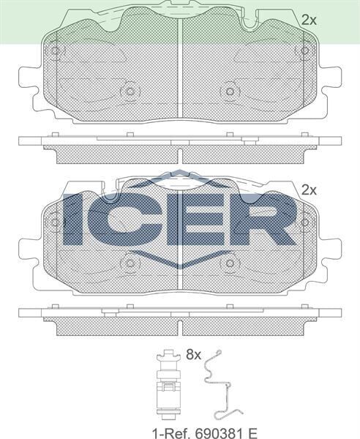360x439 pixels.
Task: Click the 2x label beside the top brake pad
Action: point(309,20)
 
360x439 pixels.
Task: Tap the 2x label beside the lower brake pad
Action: point(309,190)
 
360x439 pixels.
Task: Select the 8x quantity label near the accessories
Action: point(193,355)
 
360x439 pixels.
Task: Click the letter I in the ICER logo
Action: point(78,217)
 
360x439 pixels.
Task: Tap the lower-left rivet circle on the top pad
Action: point(130,91)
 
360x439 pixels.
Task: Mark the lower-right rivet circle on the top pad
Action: point(230,91)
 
